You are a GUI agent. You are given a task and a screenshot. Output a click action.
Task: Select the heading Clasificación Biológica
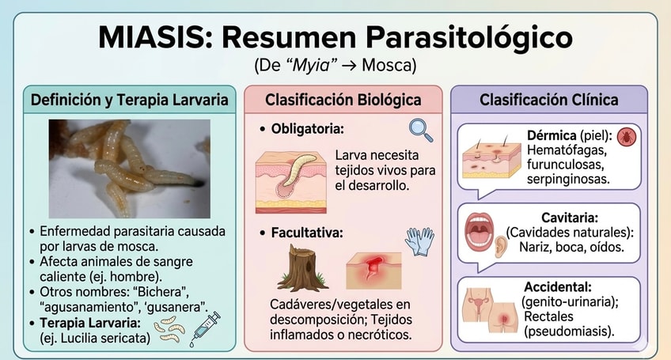coord(343,100)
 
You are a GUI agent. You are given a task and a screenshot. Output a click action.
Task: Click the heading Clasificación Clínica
coord(549,100)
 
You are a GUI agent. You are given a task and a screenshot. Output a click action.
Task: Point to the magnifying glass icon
coord(421,130)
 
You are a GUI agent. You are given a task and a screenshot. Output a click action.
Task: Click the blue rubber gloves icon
coord(419,241)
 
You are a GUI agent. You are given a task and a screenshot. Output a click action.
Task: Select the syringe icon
coord(205,329)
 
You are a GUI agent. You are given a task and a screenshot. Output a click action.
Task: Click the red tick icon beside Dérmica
coord(627,137)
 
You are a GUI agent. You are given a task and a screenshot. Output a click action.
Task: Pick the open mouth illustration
coord(480,231)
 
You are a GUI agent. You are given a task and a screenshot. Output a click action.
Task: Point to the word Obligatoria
coord(307,129)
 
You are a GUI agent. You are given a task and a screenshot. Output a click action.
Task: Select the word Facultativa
coord(307,233)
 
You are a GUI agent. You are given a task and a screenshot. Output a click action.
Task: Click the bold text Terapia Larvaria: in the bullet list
coord(90,323)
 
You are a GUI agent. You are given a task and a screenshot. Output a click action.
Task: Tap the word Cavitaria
coord(570,218)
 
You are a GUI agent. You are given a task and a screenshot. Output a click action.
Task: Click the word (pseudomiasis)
coord(569,332)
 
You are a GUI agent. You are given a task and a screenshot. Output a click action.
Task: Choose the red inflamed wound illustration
coord(373,270)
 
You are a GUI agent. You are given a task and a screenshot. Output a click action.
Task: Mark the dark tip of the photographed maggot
coord(199,184)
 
